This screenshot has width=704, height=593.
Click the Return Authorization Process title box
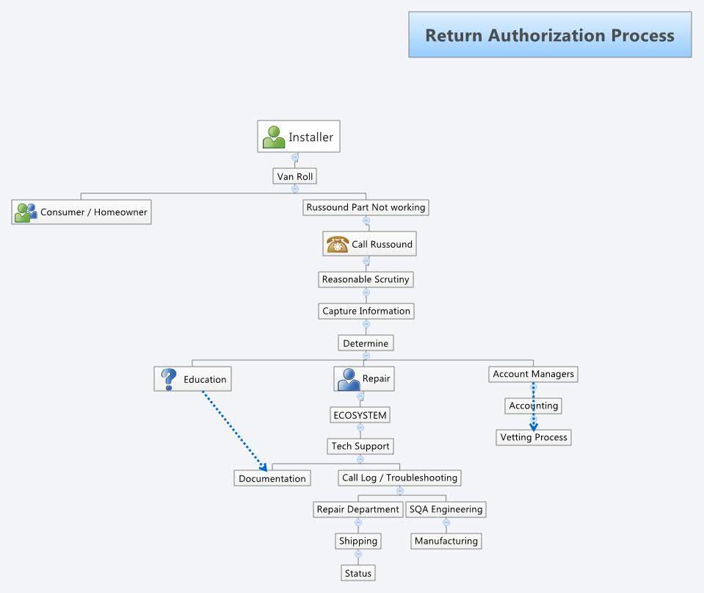[x=550, y=35]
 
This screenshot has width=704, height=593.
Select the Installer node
[x=299, y=137]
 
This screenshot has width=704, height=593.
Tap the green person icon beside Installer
[x=274, y=137]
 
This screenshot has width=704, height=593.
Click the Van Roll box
[x=295, y=176]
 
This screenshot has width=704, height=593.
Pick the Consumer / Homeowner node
[x=81, y=212]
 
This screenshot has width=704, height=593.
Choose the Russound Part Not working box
[x=366, y=207]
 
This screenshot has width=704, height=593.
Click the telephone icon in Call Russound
[x=337, y=244]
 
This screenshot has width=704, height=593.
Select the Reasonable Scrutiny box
[x=366, y=279]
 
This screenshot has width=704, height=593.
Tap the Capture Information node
[x=366, y=311]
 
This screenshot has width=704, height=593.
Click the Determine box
[x=366, y=343]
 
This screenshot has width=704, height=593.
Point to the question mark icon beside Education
[x=169, y=379]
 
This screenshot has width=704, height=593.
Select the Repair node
[x=363, y=379]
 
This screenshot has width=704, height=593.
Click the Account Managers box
[x=533, y=374]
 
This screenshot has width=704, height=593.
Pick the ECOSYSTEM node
[x=359, y=415]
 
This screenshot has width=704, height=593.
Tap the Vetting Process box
[x=534, y=437]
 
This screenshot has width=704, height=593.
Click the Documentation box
[x=272, y=478]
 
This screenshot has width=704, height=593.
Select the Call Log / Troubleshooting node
[x=399, y=478]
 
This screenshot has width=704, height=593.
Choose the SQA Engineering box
[x=446, y=509]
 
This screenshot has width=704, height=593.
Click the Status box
[x=358, y=573]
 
